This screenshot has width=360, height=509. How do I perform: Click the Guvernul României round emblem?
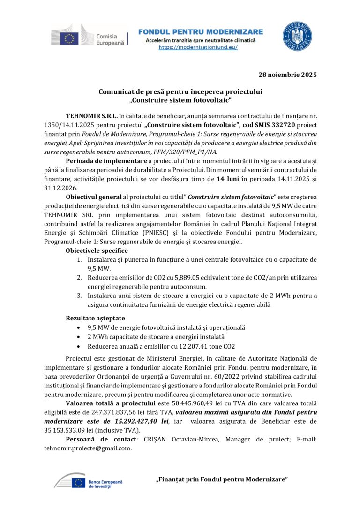click(297, 37)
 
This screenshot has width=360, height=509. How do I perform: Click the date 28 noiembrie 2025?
click(288, 75)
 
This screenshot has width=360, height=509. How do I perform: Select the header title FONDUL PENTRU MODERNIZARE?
click(201, 32)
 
